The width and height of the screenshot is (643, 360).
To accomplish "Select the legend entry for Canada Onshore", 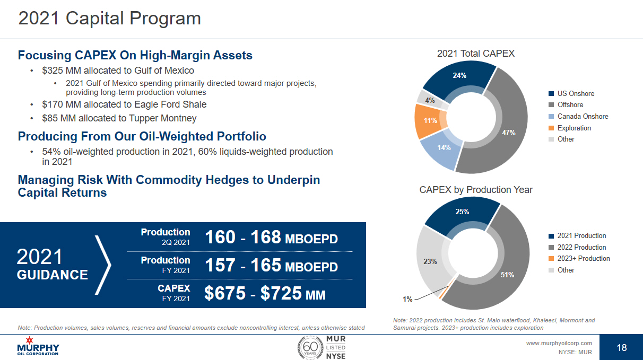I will pos(583,116).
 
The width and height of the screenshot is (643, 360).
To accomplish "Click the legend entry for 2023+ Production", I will pos(583,258).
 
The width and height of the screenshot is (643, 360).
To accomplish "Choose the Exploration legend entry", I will pos(574,128).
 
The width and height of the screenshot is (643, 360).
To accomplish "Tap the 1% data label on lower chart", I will pos(407,299).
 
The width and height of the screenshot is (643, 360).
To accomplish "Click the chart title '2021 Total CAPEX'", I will pos(475,53).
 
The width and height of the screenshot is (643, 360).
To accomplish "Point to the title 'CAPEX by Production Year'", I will pos(476,189).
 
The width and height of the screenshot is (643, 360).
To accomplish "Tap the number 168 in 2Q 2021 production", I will pos(266,237).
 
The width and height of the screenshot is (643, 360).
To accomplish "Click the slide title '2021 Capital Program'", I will pos(109,19).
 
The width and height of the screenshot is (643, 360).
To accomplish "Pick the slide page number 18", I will pos(622,347).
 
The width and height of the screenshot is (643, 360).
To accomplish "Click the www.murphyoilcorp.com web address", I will pos(559,343).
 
